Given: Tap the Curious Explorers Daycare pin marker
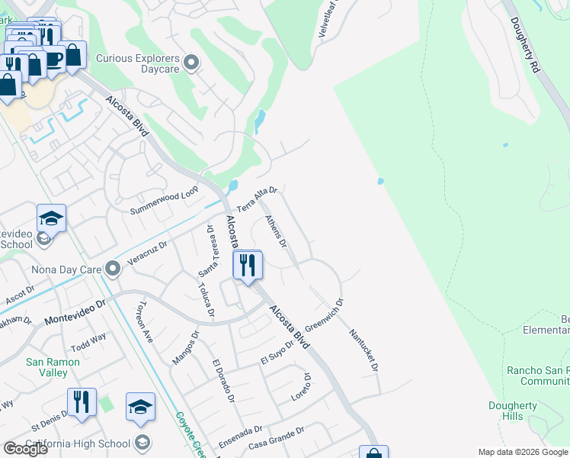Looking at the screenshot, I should tap(191, 63).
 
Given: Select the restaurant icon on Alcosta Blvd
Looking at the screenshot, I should tap(247, 266).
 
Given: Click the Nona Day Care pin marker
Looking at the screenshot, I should tap(113, 269).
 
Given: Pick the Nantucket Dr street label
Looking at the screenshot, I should tap(364, 350).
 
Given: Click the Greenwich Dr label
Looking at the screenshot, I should tap(324, 313).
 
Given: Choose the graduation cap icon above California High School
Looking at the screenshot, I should tap(140, 406).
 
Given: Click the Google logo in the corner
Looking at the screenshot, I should tap(25, 449).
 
